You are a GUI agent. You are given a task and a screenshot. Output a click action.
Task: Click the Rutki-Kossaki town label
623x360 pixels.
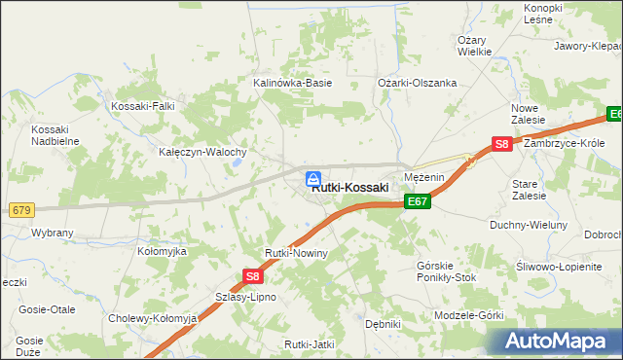tap(350, 188)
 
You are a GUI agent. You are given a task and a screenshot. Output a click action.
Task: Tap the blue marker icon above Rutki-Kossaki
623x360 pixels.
tap(313, 178)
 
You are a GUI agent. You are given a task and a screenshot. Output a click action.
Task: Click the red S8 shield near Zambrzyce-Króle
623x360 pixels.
tap(501, 144)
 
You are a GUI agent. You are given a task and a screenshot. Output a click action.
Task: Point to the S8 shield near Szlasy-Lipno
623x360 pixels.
tap(250, 278)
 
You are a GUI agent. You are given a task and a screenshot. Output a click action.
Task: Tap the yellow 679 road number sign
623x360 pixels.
tap(20, 210)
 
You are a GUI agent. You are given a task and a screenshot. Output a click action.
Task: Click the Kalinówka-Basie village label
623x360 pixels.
tap(293, 84)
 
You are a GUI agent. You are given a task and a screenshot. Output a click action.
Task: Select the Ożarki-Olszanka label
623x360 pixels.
tap(418, 84)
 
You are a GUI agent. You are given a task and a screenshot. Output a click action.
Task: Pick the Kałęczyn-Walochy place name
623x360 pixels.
tap(202, 153)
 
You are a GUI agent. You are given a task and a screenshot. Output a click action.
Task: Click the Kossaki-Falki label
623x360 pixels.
tap(145, 106)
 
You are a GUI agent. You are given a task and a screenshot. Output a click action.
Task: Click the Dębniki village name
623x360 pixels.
tap(383, 325)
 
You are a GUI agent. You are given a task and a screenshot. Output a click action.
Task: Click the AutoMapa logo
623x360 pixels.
tap(555, 342)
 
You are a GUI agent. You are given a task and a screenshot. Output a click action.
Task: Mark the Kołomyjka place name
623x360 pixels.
tap(162, 251)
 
